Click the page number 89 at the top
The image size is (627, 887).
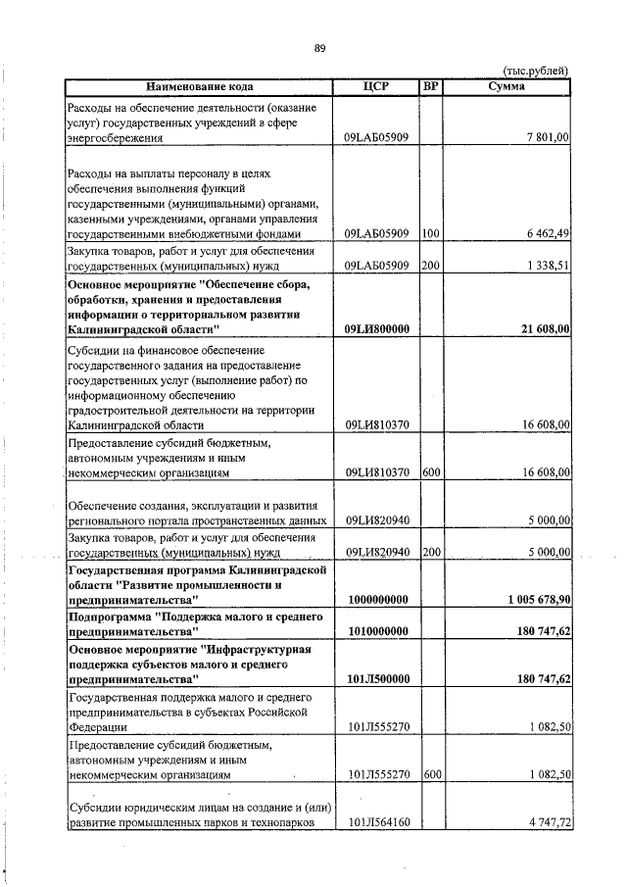click(x=319, y=48)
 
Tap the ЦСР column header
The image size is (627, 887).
click(x=376, y=86)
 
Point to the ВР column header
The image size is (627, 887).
click(x=430, y=86)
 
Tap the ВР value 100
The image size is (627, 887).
click(x=430, y=233)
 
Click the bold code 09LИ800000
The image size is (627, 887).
click(x=377, y=329)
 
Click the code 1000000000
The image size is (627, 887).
click(x=377, y=598)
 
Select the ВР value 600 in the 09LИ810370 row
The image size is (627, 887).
click(x=430, y=472)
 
